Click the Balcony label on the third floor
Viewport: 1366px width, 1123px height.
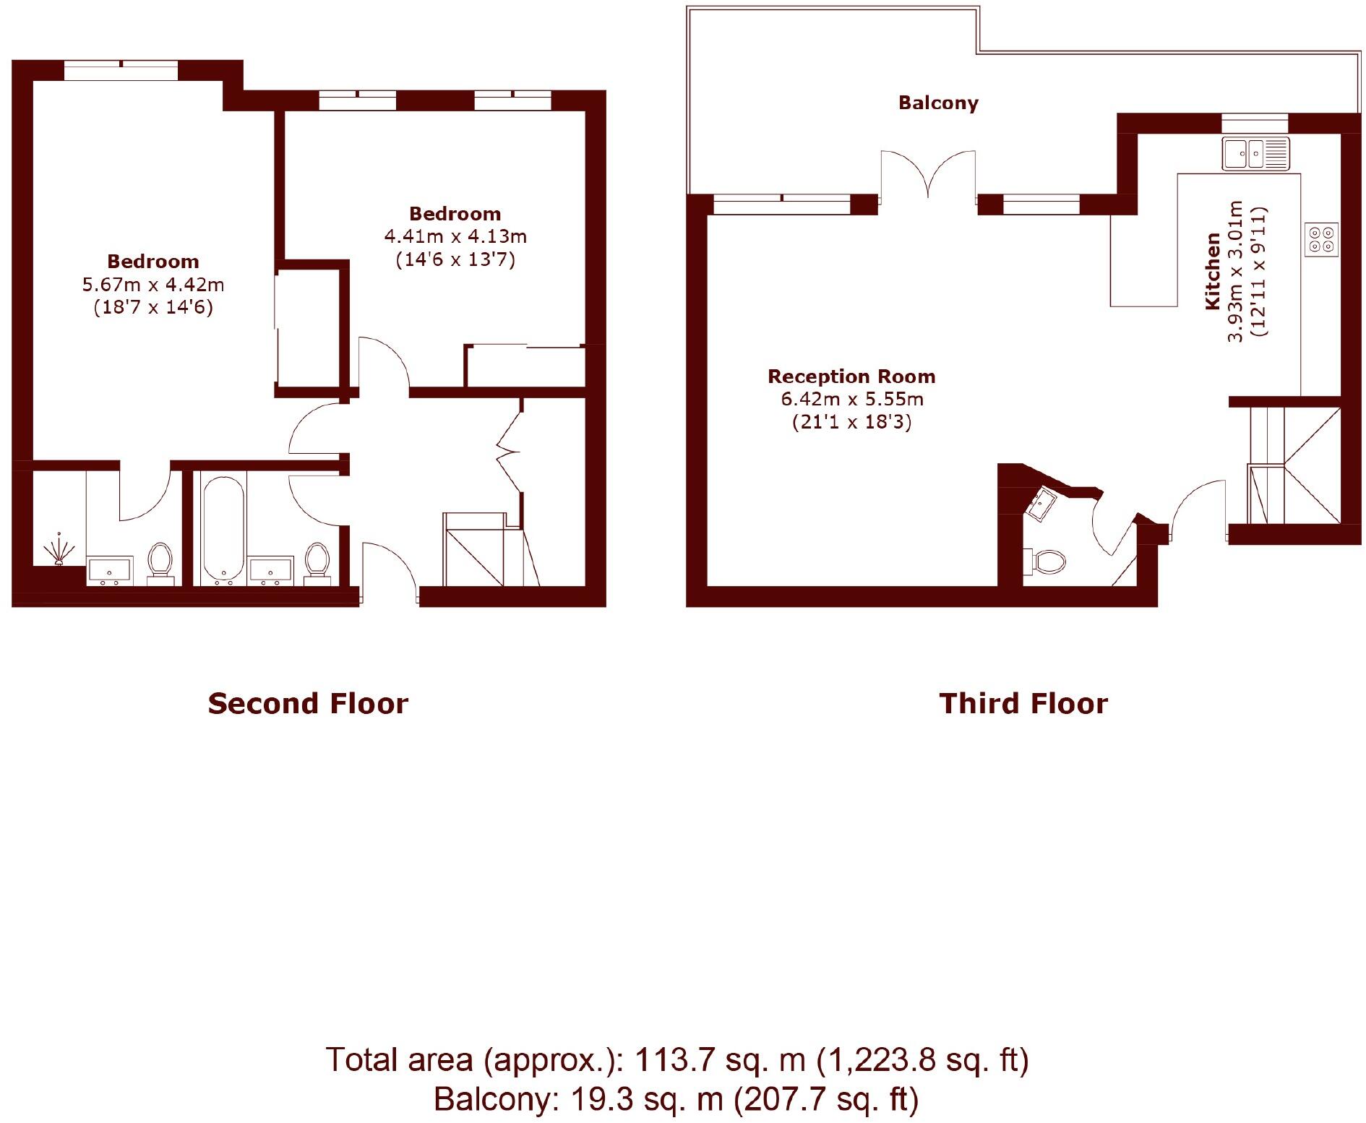[938, 103]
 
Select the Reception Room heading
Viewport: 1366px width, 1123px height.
[851, 377]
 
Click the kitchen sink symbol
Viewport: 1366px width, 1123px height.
[1255, 153]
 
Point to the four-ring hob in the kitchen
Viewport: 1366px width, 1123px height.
[1321, 239]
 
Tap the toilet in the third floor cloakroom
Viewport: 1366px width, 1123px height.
[1046, 561]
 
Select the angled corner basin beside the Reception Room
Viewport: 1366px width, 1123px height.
[1041, 503]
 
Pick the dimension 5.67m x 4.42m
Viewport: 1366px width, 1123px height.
[153, 285]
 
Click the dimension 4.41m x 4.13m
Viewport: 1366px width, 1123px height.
[455, 236]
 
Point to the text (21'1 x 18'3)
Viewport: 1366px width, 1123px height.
[851, 422]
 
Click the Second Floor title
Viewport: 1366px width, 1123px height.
[308, 704]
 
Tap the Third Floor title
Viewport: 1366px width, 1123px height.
[1023, 704]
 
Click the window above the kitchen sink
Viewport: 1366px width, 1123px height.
[1255, 122]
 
